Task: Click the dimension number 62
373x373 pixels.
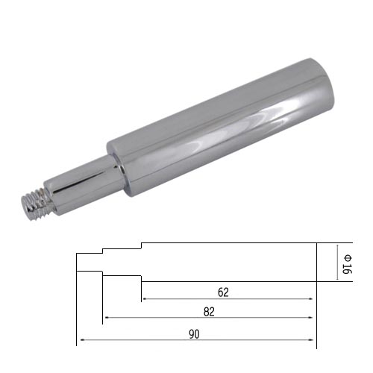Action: [x=223, y=292]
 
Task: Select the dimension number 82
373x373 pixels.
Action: [x=209, y=312]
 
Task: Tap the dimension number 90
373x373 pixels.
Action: [x=194, y=334]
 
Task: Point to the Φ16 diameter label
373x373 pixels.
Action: [x=347, y=264]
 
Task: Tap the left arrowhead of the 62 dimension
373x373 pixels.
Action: [x=144, y=298]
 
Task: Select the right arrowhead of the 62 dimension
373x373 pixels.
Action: [x=311, y=298]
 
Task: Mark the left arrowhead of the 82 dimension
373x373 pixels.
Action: [x=106, y=318]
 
